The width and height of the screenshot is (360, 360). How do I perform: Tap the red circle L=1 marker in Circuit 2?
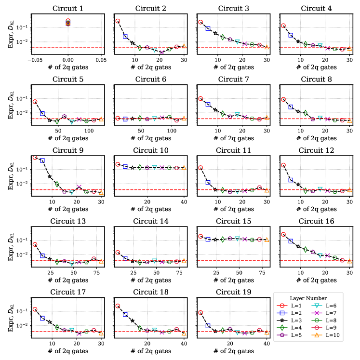click(x=118, y=21)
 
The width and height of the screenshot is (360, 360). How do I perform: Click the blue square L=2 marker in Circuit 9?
click(x=42, y=160)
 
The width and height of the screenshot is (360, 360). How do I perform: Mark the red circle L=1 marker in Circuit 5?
click(x=35, y=102)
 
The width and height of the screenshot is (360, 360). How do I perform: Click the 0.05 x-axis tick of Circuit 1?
click(x=100, y=60)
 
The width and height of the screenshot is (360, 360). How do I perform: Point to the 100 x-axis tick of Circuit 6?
click(x=171, y=131)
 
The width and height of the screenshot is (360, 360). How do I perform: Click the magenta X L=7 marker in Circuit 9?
click(x=79, y=187)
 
